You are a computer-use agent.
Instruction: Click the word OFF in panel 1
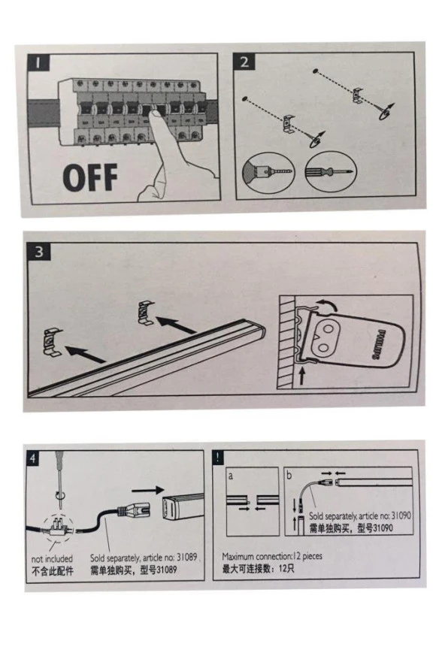point(90,177)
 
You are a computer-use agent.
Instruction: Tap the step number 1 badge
point(38,62)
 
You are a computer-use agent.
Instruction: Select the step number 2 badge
point(244,62)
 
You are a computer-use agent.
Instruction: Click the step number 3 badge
point(39,252)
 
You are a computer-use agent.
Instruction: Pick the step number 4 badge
point(33,459)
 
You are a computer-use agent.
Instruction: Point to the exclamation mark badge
point(218,458)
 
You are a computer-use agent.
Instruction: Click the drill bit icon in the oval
point(269,171)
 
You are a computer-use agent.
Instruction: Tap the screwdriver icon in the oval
point(329,172)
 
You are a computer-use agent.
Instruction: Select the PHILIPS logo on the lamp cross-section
point(380,345)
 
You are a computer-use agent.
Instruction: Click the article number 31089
point(186,557)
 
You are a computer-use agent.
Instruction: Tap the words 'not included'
point(52,558)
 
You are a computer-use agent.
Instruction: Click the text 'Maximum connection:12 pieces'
point(272,556)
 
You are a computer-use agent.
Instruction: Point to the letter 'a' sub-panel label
point(231,476)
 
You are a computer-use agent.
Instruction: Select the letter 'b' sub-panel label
point(289,475)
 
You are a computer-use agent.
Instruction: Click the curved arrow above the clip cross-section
point(327,304)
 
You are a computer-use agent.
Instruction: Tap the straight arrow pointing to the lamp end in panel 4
point(147,490)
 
